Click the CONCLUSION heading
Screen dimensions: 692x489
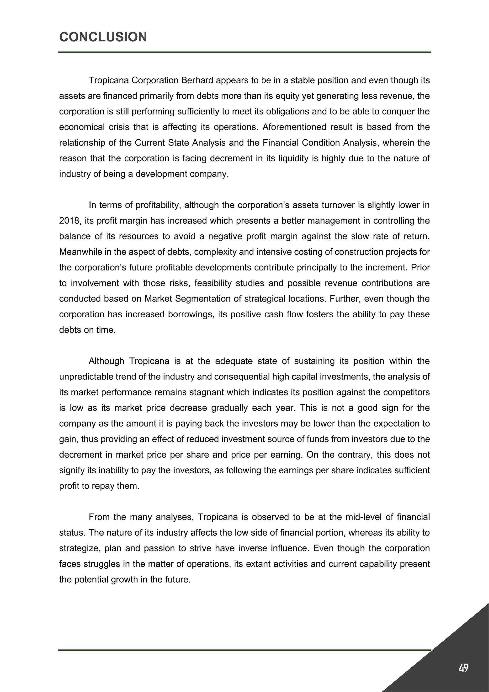coord(103,37)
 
